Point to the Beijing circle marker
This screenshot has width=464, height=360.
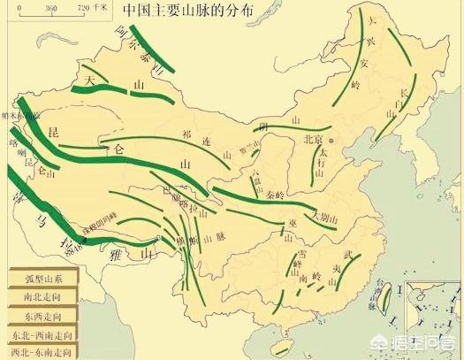[331, 140]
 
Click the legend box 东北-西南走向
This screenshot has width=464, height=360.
[40, 335]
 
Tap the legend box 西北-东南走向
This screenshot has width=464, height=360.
[40, 353]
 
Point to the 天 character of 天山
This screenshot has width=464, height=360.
[89, 79]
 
